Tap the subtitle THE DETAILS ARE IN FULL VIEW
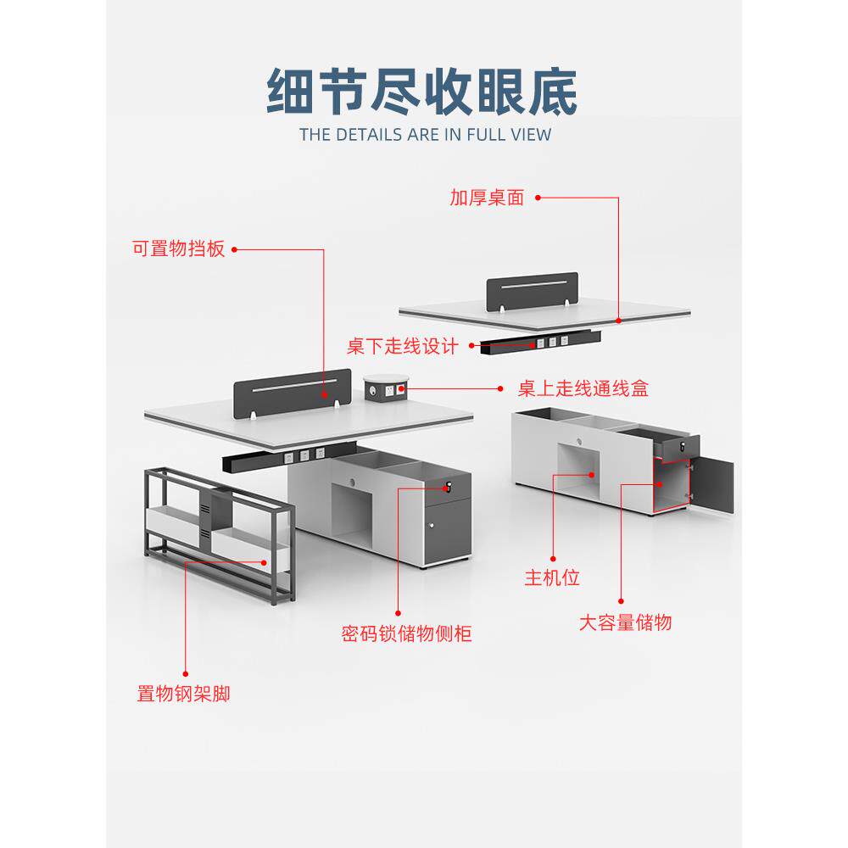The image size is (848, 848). (x=425, y=134)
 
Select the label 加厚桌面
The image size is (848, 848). (x=487, y=198)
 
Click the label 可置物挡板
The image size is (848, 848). (x=179, y=249)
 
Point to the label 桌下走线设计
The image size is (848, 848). (x=402, y=346)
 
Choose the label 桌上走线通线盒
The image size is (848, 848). (x=583, y=389)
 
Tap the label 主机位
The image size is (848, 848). (x=551, y=578)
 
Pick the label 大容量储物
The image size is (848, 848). (x=625, y=622)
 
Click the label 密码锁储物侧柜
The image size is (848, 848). (x=407, y=633)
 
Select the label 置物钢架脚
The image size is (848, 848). (x=183, y=694)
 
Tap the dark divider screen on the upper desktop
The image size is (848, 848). (x=532, y=291)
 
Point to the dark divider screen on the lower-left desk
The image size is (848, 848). (x=293, y=388)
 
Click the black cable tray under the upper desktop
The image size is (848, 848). (x=540, y=342)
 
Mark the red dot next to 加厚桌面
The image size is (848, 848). (x=538, y=198)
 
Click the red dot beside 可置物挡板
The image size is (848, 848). (x=234, y=249)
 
